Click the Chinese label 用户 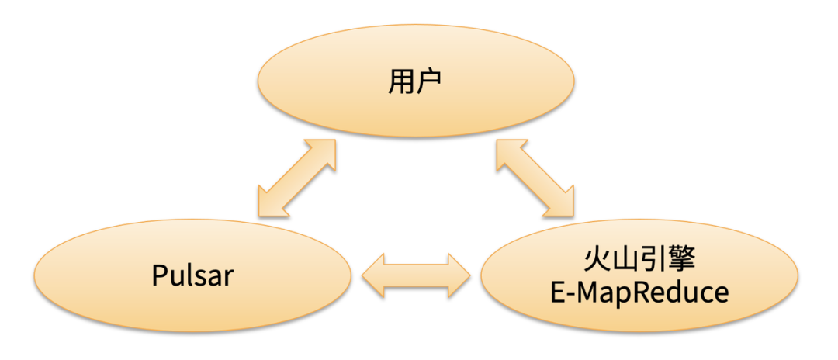pos(415,83)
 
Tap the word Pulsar pos(192,275)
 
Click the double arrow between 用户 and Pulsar pos(296,178)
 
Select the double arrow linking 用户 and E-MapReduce pos(535,178)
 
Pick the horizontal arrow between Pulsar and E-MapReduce pos(417,275)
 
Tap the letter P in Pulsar pos(159,275)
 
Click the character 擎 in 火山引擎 pos(680,260)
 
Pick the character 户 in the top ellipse pos(429,83)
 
